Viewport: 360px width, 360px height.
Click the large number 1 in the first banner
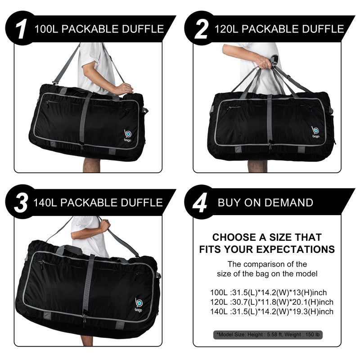click(20, 29)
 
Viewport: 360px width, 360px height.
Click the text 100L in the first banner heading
click(46, 30)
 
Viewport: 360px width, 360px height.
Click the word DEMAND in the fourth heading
click(291, 202)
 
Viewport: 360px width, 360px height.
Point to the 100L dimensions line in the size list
click(273, 292)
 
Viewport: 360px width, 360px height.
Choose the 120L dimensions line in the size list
click(273, 302)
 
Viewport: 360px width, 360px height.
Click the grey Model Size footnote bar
click(268, 334)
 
